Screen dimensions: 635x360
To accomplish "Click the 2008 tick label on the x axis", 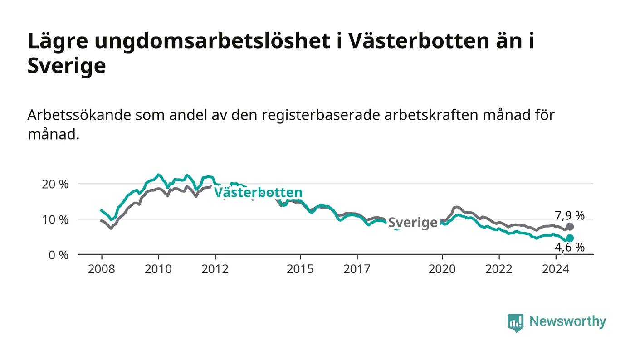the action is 102,269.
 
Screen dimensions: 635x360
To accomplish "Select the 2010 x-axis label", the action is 158,269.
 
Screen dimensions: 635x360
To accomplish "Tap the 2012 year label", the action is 215,269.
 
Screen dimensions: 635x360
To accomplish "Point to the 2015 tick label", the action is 300,269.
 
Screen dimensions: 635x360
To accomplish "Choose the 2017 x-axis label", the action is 357,269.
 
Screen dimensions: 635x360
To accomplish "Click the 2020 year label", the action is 442,269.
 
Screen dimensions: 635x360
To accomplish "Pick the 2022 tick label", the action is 499,269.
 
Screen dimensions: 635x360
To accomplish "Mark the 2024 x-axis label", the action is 556,269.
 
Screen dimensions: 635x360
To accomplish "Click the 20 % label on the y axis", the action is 55,184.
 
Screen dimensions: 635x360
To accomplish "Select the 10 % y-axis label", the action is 55,220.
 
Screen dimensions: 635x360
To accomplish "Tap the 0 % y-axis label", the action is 59,255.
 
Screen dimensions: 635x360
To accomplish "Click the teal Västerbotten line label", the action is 258,192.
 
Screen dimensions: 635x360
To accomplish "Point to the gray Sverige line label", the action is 413,223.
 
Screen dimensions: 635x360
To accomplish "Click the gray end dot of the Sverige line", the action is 570,227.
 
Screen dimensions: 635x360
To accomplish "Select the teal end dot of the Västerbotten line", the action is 570,238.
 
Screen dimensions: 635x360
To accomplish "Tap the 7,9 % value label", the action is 570,216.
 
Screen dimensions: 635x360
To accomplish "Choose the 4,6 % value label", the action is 570,248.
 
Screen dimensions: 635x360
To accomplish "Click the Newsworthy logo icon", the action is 515,322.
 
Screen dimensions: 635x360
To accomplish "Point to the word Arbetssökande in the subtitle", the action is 79,115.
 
